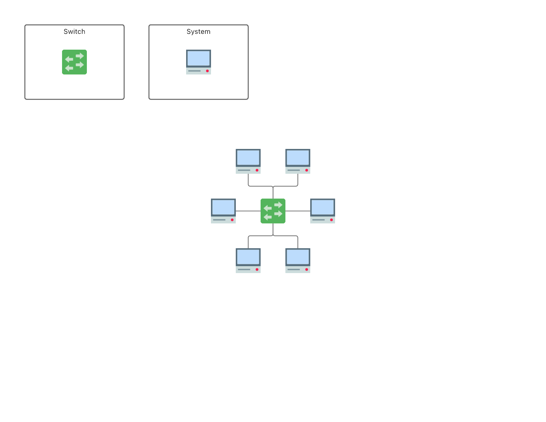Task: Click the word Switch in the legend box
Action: pos(74,32)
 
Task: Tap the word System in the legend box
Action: pos(199,32)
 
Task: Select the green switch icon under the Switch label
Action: pos(74,62)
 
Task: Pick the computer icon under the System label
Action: pos(199,62)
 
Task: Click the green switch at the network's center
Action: pos(273,211)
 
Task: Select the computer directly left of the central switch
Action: pos(223,211)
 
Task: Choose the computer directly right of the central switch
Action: pos(323,211)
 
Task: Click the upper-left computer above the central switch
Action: pos(248,161)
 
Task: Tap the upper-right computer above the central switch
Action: pos(298,161)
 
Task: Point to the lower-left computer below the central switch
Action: pos(248,261)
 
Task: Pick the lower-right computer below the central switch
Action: pos(298,261)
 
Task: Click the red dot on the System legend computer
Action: pos(207,71)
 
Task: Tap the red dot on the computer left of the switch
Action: pos(232,220)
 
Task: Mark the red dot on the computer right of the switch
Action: pos(331,220)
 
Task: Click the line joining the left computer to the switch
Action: pos(248,211)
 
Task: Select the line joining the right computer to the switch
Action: pos(298,211)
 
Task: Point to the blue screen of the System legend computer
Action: pos(199,58)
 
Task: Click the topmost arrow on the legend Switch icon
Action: pos(80,56)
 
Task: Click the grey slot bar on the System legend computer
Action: pos(195,71)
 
